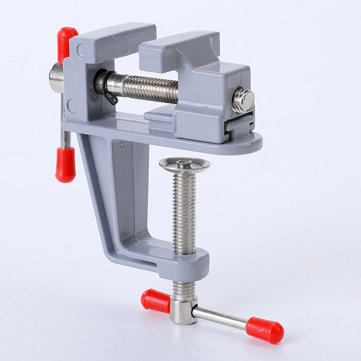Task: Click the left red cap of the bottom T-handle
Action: tap(155, 301)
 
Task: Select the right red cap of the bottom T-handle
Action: tap(265, 329)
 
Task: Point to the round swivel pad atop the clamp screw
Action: tap(184, 165)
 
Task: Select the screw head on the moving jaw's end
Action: tap(243, 100)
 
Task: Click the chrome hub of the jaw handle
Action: tap(57, 78)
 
